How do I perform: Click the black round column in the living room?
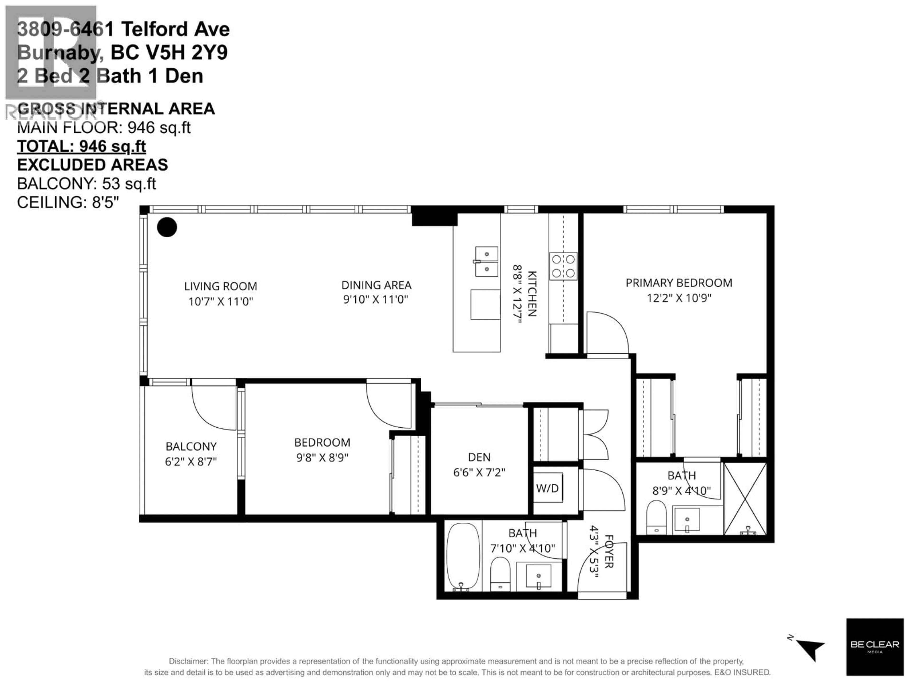(x=167, y=227)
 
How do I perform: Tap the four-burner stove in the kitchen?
(x=563, y=266)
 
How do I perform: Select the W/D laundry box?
(x=547, y=488)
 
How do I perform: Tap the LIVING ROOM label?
(x=220, y=286)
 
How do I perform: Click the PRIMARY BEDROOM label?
(x=679, y=283)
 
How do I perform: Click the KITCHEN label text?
(x=532, y=294)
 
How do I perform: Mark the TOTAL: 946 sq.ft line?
(x=81, y=146)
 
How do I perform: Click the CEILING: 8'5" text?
(x=68, y=203)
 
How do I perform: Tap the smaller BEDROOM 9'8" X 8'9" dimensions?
(x=322, y=458)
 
